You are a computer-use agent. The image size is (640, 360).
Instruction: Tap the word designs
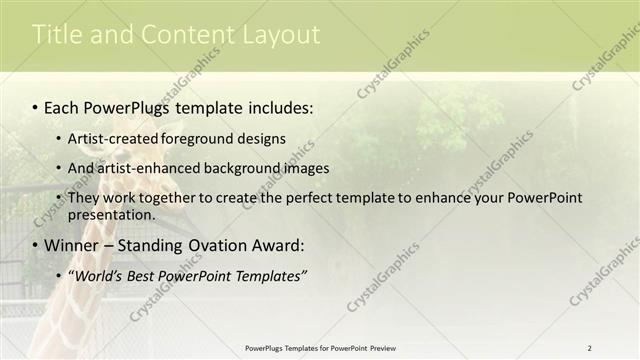(x=263, y=138)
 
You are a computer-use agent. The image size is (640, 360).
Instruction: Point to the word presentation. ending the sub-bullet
(x=111, y=214)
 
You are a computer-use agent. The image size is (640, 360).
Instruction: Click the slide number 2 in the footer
(x=590, y=348)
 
